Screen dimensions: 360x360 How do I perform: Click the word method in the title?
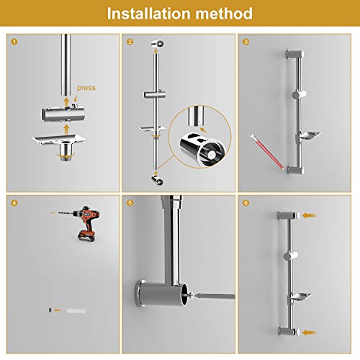(x=224, y=14)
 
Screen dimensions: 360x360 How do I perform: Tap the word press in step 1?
(x=86, y=89)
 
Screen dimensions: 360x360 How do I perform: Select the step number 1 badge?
(x=14, y=42)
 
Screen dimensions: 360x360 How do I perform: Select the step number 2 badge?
(x=130, y=42)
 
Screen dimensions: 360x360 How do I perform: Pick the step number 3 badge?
(x=246, y=42)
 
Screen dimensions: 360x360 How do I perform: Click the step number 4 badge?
(x=14, y=203)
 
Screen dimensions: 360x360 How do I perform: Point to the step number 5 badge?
(x=130, y=203)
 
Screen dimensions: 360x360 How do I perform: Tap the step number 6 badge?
(x=246, y=203)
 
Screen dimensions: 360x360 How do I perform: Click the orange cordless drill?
(x=86, y=222)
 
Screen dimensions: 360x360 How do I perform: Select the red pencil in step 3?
(x=267, y=152)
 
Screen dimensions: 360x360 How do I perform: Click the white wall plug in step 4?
(x=76, y=311)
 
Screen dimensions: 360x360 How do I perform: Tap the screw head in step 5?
(x=191, y=296)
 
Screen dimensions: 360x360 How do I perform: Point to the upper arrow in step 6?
(x=309, y=215)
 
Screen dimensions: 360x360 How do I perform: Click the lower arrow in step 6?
(x=309, y=333)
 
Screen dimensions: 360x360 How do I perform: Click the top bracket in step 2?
(x=158, y=44)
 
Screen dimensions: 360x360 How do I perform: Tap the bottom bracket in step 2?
(x=158, y=181)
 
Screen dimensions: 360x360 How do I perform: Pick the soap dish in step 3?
(x=309, y=136)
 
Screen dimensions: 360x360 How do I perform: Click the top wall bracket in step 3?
(x=295, y=54)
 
